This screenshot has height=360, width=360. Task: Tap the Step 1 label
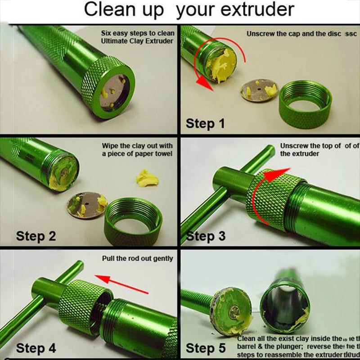(205, 123)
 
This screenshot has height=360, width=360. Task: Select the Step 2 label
(36, 236)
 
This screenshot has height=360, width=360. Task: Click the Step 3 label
(206, 236)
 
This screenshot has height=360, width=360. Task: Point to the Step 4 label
(36, 348)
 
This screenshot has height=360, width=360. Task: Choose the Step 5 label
(206, 348)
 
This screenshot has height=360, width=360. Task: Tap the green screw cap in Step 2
(133, 218)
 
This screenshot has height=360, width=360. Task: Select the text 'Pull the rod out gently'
(138, 259)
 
